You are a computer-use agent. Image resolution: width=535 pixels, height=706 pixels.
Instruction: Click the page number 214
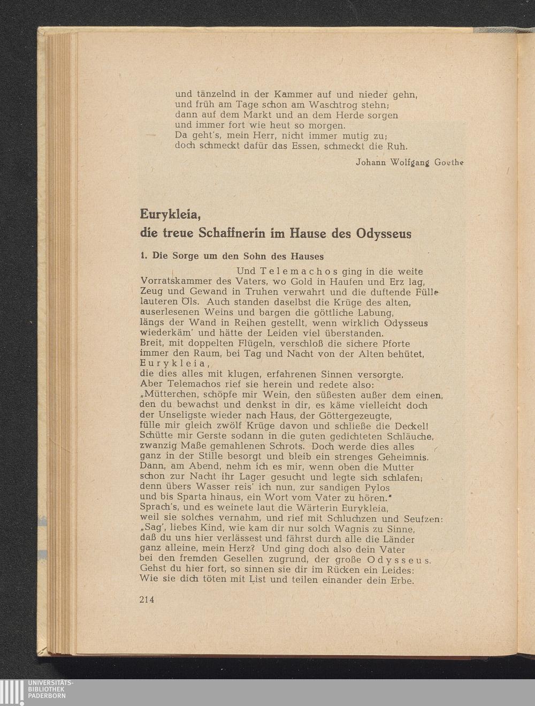pyautogui.click(x=147, y=599)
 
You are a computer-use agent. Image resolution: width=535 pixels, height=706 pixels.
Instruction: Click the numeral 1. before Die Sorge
pyautogui.click(x=143, y=256)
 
